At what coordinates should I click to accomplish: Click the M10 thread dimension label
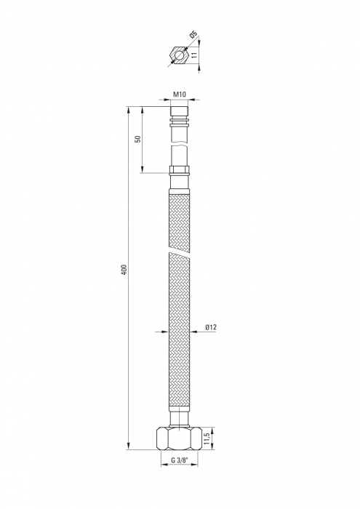point(179,95)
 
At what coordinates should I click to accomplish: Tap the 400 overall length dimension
point(124,270)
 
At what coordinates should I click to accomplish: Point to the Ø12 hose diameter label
point(211,327)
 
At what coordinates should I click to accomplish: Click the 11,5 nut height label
point(205,437)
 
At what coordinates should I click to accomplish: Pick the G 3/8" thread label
point(179,460)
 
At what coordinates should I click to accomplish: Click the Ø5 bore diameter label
point(193,34)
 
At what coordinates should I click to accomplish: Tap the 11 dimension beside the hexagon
point(194,55)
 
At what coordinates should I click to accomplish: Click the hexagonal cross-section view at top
point(179,55)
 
